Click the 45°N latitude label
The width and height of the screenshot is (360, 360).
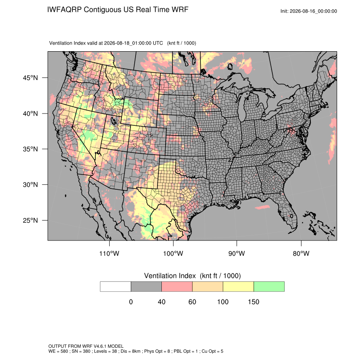coord(30,78)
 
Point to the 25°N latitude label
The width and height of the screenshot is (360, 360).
coord(30,220)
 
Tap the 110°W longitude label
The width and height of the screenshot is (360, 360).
coord(109,253)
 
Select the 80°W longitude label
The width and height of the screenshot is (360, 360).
coord(301,253)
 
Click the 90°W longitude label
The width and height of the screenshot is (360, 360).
coord(236,253)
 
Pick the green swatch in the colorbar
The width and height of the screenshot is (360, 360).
coord(269,287)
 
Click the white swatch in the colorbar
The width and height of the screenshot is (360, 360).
coord(116,287)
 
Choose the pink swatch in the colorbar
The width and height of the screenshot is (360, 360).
coord(177,287)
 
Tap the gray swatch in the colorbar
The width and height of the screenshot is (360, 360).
coord(146,287)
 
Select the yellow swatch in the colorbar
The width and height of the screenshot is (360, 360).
coord(238,287)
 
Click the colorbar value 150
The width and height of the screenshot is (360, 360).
coord(253,302)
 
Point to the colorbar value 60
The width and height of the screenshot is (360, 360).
coord(192,302)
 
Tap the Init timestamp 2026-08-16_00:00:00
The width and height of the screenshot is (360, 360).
coord(313,11)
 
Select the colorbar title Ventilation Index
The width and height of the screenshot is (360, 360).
coord(170,276)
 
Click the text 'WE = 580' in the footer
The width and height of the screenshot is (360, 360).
coord(58,351)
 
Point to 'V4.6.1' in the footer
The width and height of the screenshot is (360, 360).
coord(100,346)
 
